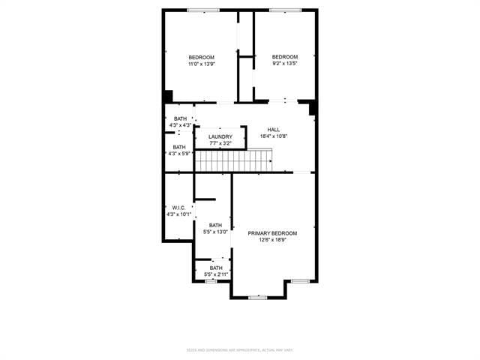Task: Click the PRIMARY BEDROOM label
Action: [273, 233]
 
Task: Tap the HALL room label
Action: [273, 129]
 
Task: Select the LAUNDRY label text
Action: [220, 136]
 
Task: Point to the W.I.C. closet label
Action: [178, 208]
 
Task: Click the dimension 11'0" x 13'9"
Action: [201, 64]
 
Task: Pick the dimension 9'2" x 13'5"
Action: [284, 64]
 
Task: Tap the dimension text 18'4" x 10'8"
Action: [274, 136]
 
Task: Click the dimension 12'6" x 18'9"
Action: [273, 240]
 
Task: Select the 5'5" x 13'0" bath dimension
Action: [216, 232]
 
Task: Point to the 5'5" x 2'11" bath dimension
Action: [216, 274]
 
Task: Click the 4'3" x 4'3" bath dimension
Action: [180, 125]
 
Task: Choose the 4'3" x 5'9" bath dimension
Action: [180, 154]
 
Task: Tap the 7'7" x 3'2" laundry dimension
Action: [220, 143]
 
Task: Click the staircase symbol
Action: [233, 160]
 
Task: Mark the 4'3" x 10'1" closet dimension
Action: [179, 214]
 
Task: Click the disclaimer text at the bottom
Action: [240, 349]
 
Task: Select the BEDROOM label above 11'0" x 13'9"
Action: [201, 58]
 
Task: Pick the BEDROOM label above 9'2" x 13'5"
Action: [284, 57]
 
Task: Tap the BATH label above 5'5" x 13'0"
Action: [216, 225]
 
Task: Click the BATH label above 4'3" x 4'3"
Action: [180, 118]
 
